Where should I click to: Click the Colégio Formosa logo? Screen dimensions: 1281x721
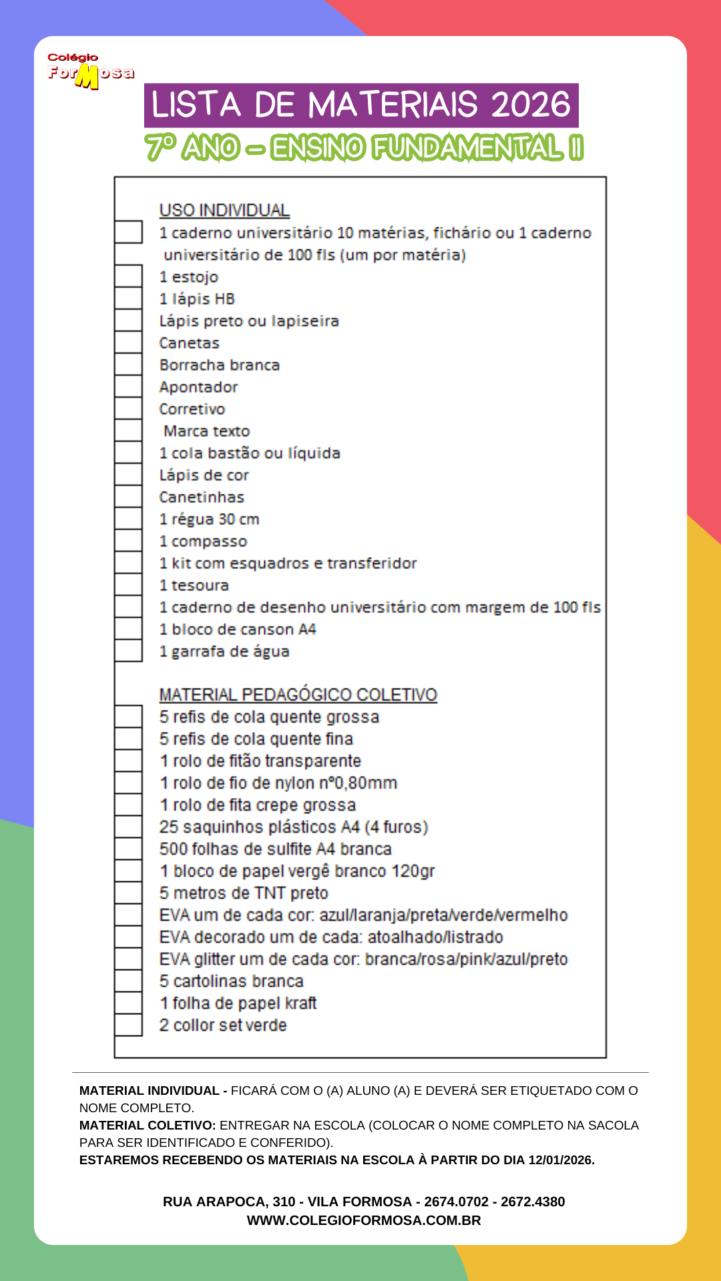point(90,71)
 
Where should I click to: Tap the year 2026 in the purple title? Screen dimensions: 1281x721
point(531,105)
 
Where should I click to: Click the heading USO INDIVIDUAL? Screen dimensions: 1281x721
point(224,210)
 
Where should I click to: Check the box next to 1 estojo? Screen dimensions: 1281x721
point(128,276)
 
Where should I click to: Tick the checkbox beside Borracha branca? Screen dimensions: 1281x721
point(128,364)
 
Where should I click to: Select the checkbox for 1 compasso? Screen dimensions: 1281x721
point(128,540)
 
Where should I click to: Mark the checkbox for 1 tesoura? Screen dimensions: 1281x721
point(128,584)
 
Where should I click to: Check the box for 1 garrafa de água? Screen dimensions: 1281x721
point(128,651)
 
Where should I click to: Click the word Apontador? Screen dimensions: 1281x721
point(198,387)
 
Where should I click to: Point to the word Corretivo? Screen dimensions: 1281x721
point(192,409)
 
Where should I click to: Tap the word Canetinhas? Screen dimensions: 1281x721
point(202,497)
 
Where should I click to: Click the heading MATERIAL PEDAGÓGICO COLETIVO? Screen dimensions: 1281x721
point(298,695)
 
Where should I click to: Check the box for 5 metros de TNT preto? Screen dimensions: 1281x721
point(128,893)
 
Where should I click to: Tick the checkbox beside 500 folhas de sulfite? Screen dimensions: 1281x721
point(128,849)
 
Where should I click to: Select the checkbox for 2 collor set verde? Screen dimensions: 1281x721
point(128,1025)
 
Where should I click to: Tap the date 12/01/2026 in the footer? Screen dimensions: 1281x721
point(560,1160)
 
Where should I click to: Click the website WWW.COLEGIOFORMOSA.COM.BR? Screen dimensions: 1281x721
point(364,1220)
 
